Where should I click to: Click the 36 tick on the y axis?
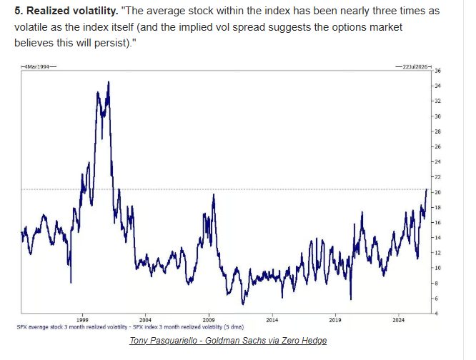coord(438,71)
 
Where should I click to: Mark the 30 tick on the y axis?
coord(438,116)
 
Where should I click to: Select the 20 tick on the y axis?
coord(438,192)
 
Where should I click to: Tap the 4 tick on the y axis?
coord(437,314)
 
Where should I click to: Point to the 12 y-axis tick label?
coord(438,253)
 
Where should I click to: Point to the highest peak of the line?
coord(108,81)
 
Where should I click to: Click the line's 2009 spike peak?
coord(214,194)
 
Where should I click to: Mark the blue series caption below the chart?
coord(130,327)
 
